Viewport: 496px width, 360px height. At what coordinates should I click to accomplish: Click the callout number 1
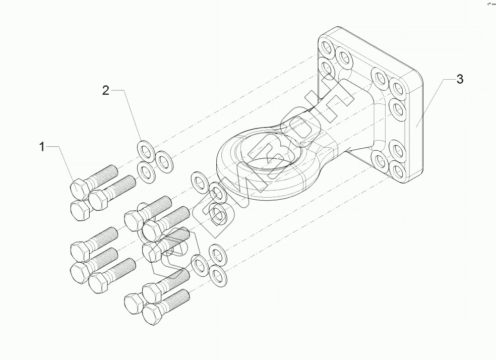pos(42,147)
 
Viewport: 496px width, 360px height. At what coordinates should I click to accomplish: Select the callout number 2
pos(105,90)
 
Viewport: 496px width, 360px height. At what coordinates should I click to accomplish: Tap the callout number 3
pos(459,79)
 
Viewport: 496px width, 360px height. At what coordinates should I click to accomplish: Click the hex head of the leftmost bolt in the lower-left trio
pos(79,250)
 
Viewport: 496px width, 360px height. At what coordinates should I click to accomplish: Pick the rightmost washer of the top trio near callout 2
pos(164,161)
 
